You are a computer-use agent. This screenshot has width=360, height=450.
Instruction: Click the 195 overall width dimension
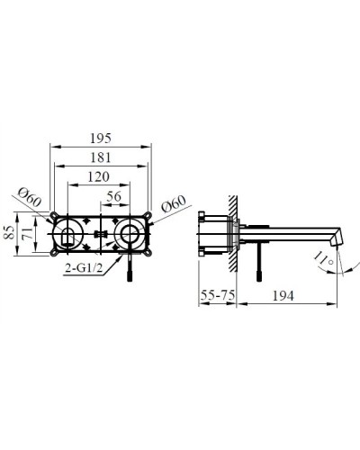101,138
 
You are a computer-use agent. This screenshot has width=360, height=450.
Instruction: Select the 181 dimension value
101,159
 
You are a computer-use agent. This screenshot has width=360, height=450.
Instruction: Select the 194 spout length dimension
283,295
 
